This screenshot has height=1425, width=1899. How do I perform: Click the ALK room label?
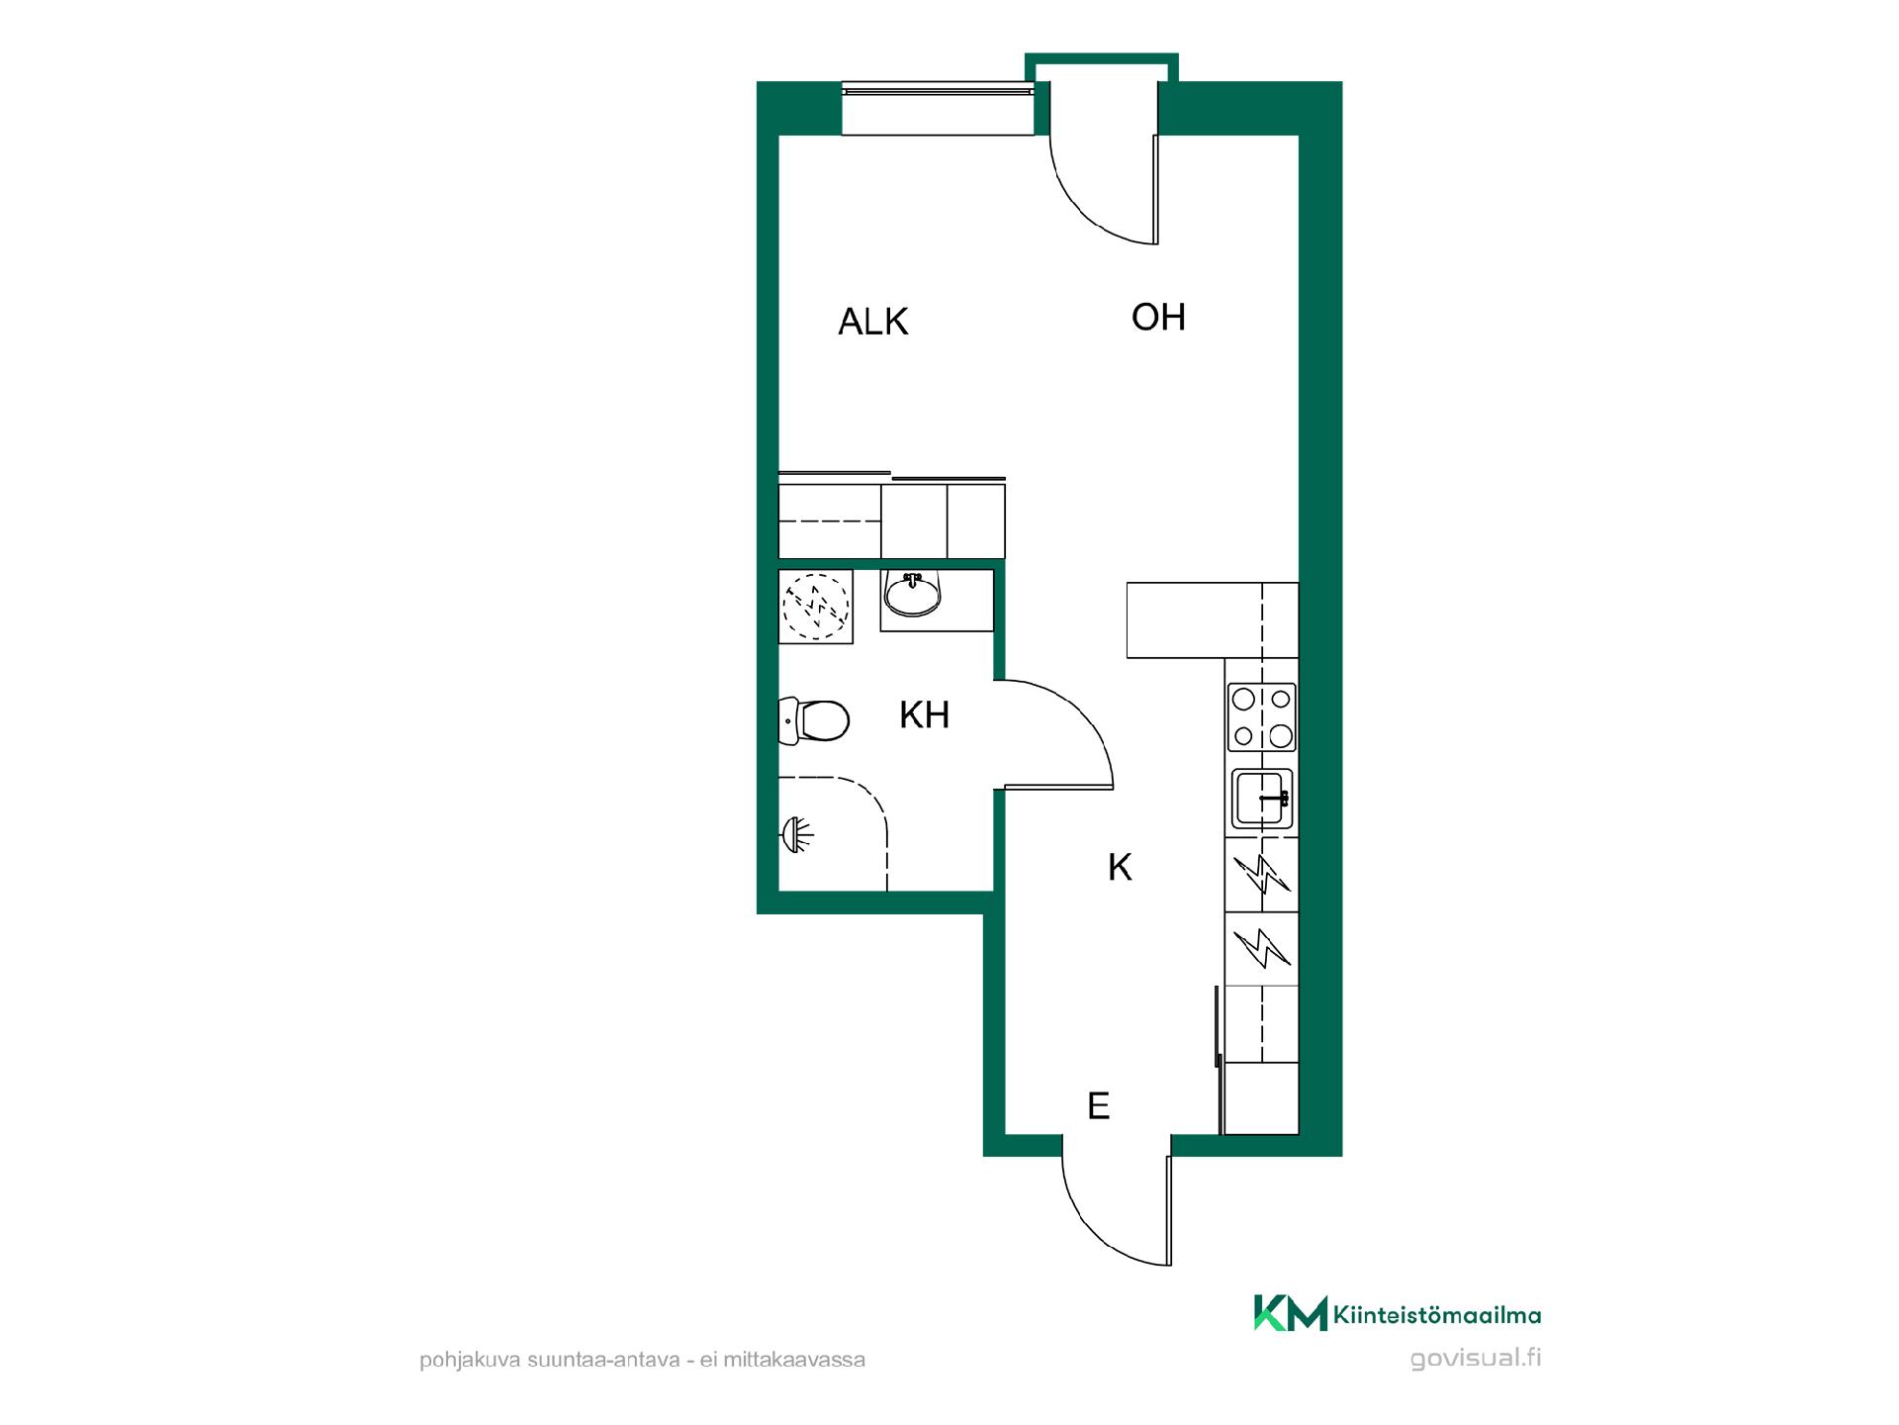(872, 322)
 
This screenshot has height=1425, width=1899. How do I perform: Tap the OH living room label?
(1158, 317)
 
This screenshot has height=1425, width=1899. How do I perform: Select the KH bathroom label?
(924, 714)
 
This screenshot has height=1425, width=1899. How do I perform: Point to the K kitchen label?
(1120, 867)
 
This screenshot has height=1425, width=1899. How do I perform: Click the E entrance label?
(1098, 1105)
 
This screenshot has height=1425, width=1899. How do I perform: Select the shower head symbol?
(796, 834)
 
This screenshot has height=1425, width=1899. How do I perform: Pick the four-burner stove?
(1261, 717)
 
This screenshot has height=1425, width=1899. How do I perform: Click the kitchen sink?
(1262, 799)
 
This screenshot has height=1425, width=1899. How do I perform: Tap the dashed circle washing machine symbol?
(816, 607)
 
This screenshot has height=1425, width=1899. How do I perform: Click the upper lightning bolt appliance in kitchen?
(1262, 875)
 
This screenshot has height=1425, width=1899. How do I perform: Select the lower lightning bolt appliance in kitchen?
(1262, 948)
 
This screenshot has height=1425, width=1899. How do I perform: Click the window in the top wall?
(938, 110)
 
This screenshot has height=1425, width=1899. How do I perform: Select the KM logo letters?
(1290, 1313)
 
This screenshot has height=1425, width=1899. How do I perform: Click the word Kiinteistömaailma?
(1437, 1315)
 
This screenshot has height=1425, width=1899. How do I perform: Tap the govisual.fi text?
(1476, 1358)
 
